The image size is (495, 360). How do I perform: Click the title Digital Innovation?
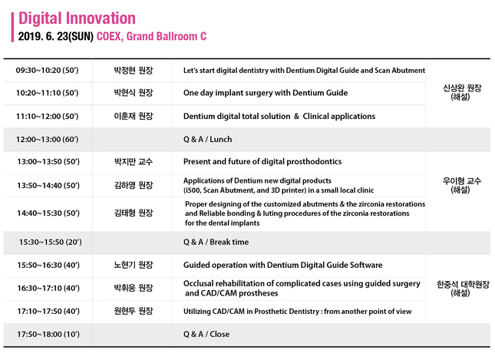coord(77,18)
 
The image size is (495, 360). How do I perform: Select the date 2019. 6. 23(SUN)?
coord(56,37)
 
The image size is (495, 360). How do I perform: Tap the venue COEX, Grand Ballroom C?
coord(151,37)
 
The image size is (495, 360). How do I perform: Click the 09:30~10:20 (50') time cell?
coord(47,70)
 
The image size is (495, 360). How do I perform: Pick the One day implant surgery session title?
coord(266,93)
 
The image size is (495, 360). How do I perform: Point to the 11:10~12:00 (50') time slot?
coord(48,117)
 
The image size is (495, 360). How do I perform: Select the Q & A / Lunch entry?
coord(207,139)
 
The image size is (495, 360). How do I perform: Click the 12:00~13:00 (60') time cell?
coord(48,139)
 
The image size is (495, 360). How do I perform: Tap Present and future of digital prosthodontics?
coord(262,162)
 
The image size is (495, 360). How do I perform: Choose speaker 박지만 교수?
coord(134,162)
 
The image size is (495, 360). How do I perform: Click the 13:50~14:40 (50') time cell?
coord(48,185)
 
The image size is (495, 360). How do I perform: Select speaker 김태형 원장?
coord(134,213)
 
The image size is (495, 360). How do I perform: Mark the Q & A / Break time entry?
coord(216,243)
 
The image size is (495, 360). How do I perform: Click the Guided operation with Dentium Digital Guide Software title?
coord(283,265)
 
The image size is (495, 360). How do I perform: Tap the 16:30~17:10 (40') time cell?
coord(48,288)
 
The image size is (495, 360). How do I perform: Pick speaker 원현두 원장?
coord(134,311)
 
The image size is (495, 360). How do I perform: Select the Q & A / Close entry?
coord(206,334)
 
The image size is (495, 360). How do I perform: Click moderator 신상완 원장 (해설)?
coord(462,92)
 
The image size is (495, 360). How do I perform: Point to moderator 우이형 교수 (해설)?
coord(461,185)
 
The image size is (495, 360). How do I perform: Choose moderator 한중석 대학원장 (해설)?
coord(463,289)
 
